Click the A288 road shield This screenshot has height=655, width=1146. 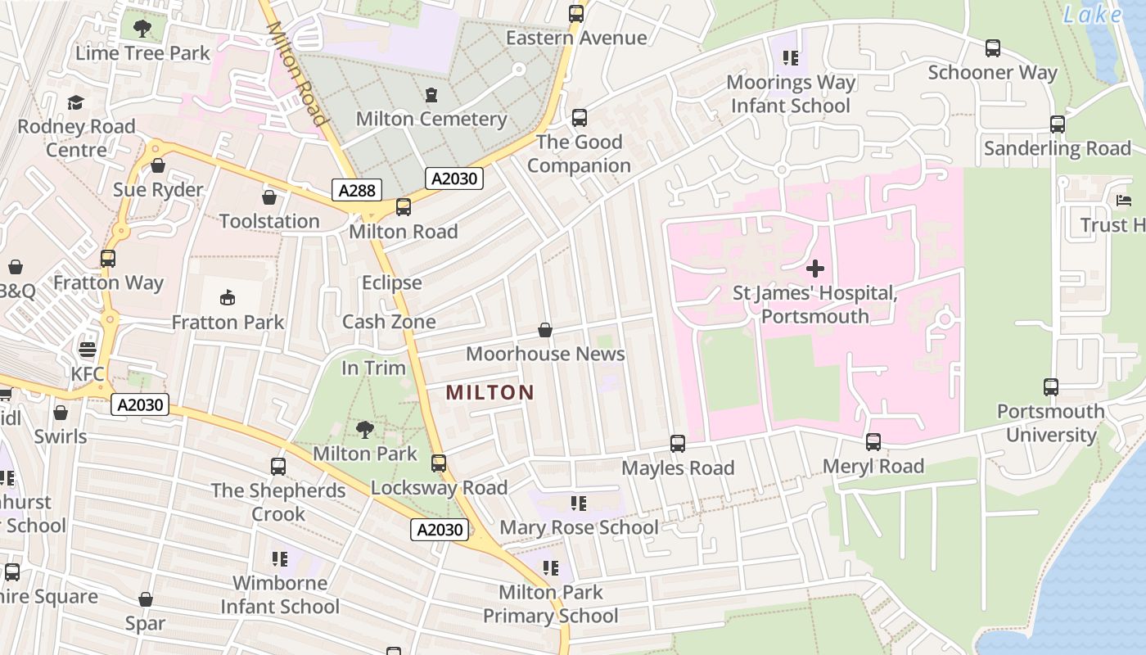[x=357, y=191]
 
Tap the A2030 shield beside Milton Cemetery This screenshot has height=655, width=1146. [x=454, y=178]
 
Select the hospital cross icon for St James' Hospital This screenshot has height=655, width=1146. [x=814, y=268]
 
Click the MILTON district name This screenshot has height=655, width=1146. [x=490, y=392]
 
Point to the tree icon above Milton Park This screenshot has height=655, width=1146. [x=365, y=429]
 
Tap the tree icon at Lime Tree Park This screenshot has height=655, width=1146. [x=142, y=29]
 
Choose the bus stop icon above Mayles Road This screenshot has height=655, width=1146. [x=678, y=444]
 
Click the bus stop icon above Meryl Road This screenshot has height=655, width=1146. [x=873, y=442]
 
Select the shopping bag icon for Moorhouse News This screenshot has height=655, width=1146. [x=545, y=330]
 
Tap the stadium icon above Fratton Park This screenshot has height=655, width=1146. [x=228, y=298]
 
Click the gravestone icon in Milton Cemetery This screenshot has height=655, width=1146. [x=431, y=95]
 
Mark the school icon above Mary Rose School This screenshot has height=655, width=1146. [x=579, y=503]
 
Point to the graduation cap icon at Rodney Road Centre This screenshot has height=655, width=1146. [x=76, y=102]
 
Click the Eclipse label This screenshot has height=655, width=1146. [x=392, y=282]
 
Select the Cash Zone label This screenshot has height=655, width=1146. [x=389, y=322]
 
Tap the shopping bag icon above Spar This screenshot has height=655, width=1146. [x=146, y=599]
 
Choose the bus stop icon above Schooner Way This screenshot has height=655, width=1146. [x=993, y=48]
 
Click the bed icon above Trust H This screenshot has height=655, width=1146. [x=1123, y=201]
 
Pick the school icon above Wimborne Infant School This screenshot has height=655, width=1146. [x=280, y=559]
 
